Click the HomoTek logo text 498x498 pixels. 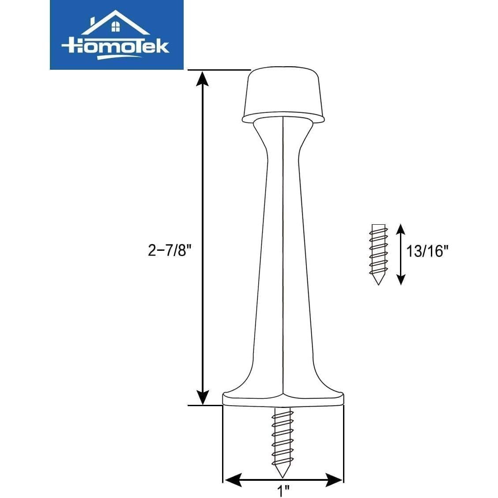[x=115, y=46]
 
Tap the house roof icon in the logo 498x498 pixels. [x=115, y=22]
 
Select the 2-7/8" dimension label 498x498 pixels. [x=170, y=251]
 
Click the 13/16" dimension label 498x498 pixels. [x=427, y=251]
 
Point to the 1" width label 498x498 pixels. [x=283, y=490]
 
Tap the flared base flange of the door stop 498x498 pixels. [x=283, y=399]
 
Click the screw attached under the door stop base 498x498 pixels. [x=283, y=441]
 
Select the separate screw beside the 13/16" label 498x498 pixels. [x=378, y=254]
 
